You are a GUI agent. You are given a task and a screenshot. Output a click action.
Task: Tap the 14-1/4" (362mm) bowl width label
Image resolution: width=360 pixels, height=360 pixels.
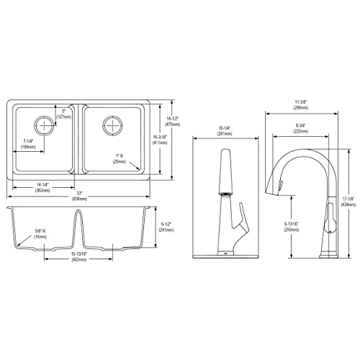point(40,186)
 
